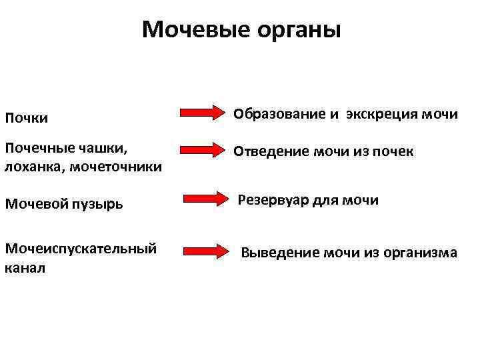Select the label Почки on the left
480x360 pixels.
click(27, 118)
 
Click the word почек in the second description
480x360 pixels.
click(393, 152)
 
